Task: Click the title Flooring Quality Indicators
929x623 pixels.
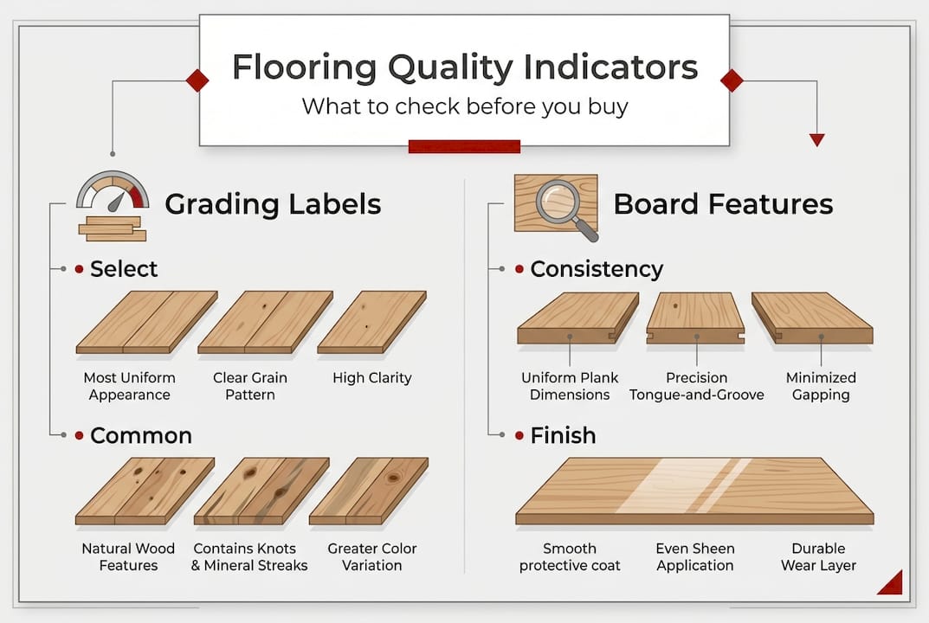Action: click(464, 67)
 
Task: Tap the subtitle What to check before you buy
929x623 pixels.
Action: click(464, 107)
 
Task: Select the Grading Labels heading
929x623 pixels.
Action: click(273, 204)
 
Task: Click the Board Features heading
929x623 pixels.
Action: click(723, 204)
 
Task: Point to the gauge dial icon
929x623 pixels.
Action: click(113, 192)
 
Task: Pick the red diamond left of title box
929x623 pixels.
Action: click(197, 81)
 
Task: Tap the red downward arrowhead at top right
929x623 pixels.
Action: click(816, 140)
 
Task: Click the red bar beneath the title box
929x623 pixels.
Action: click(464, 146)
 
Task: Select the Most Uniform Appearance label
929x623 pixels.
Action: click(129, 386)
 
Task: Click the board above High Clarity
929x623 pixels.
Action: click(371, 322)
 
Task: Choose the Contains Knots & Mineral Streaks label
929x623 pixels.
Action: click(249, 556)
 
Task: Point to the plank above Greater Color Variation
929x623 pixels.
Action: click(369, 491)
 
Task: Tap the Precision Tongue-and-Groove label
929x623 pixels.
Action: click(696, 386)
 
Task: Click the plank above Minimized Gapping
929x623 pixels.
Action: click(812, 318)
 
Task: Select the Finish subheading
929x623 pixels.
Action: click(563, 434)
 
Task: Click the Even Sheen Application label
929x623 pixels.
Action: click(694, 556)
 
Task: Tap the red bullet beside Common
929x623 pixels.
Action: click(80, 435)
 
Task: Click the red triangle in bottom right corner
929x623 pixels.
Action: click(893, 584)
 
